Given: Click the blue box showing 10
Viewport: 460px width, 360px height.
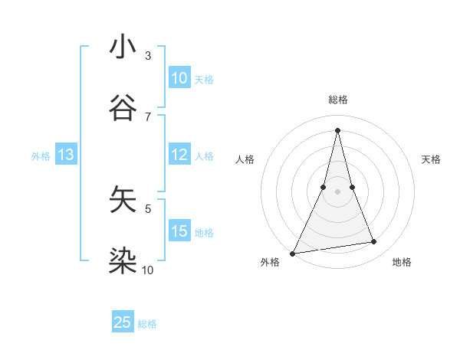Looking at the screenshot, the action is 179,78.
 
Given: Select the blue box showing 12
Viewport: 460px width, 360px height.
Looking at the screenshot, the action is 179,155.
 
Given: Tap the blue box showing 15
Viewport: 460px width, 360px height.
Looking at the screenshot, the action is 179,231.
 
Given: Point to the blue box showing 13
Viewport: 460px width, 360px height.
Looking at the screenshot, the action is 66,155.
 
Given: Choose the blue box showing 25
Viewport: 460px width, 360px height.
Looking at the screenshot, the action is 123,322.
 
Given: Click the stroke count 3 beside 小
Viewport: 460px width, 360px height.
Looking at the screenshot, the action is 148,55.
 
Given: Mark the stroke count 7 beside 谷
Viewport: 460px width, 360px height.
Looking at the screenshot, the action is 148,116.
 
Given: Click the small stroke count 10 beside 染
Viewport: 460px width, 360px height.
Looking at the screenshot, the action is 148,270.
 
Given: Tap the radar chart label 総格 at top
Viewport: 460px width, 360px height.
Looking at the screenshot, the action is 337,100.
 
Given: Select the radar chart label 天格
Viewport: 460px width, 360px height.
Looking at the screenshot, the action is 431,159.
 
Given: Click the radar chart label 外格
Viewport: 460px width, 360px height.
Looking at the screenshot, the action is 270,262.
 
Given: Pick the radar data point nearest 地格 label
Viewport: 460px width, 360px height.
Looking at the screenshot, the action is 374,242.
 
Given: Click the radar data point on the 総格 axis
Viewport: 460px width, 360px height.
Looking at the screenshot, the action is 337,129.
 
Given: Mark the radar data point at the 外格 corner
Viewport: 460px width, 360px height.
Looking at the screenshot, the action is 292,253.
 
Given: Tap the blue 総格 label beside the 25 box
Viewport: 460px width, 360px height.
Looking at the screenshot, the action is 147,324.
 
